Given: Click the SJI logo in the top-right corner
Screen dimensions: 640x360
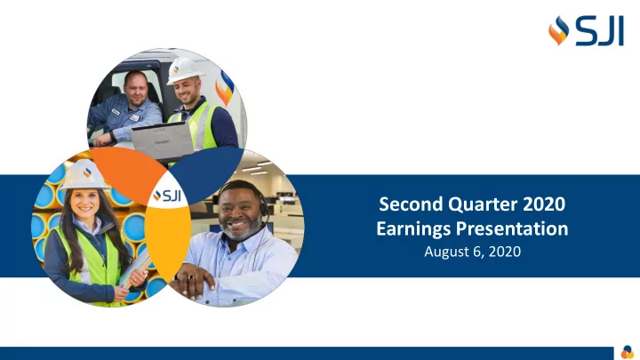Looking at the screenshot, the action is tap(586, 31).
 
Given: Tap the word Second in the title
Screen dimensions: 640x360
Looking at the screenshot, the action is tap(411, 204).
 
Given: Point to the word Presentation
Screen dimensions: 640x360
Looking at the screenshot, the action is tap(512, 228).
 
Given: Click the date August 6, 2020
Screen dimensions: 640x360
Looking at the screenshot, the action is tap(472, 251).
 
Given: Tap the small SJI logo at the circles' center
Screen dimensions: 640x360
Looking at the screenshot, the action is tap(167, 196).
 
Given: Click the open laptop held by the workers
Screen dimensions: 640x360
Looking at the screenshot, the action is tap(163, 140).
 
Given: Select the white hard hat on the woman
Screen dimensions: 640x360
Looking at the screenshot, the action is tap(84, 175).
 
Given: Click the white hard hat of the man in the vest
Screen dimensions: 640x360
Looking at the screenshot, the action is tap(184, 70).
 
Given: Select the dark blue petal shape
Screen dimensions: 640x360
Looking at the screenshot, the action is tap(207, 173).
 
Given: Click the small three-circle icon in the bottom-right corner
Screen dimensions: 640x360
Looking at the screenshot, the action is tap(628, 351).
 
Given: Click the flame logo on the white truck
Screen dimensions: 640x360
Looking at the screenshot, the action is tap(225, 88).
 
